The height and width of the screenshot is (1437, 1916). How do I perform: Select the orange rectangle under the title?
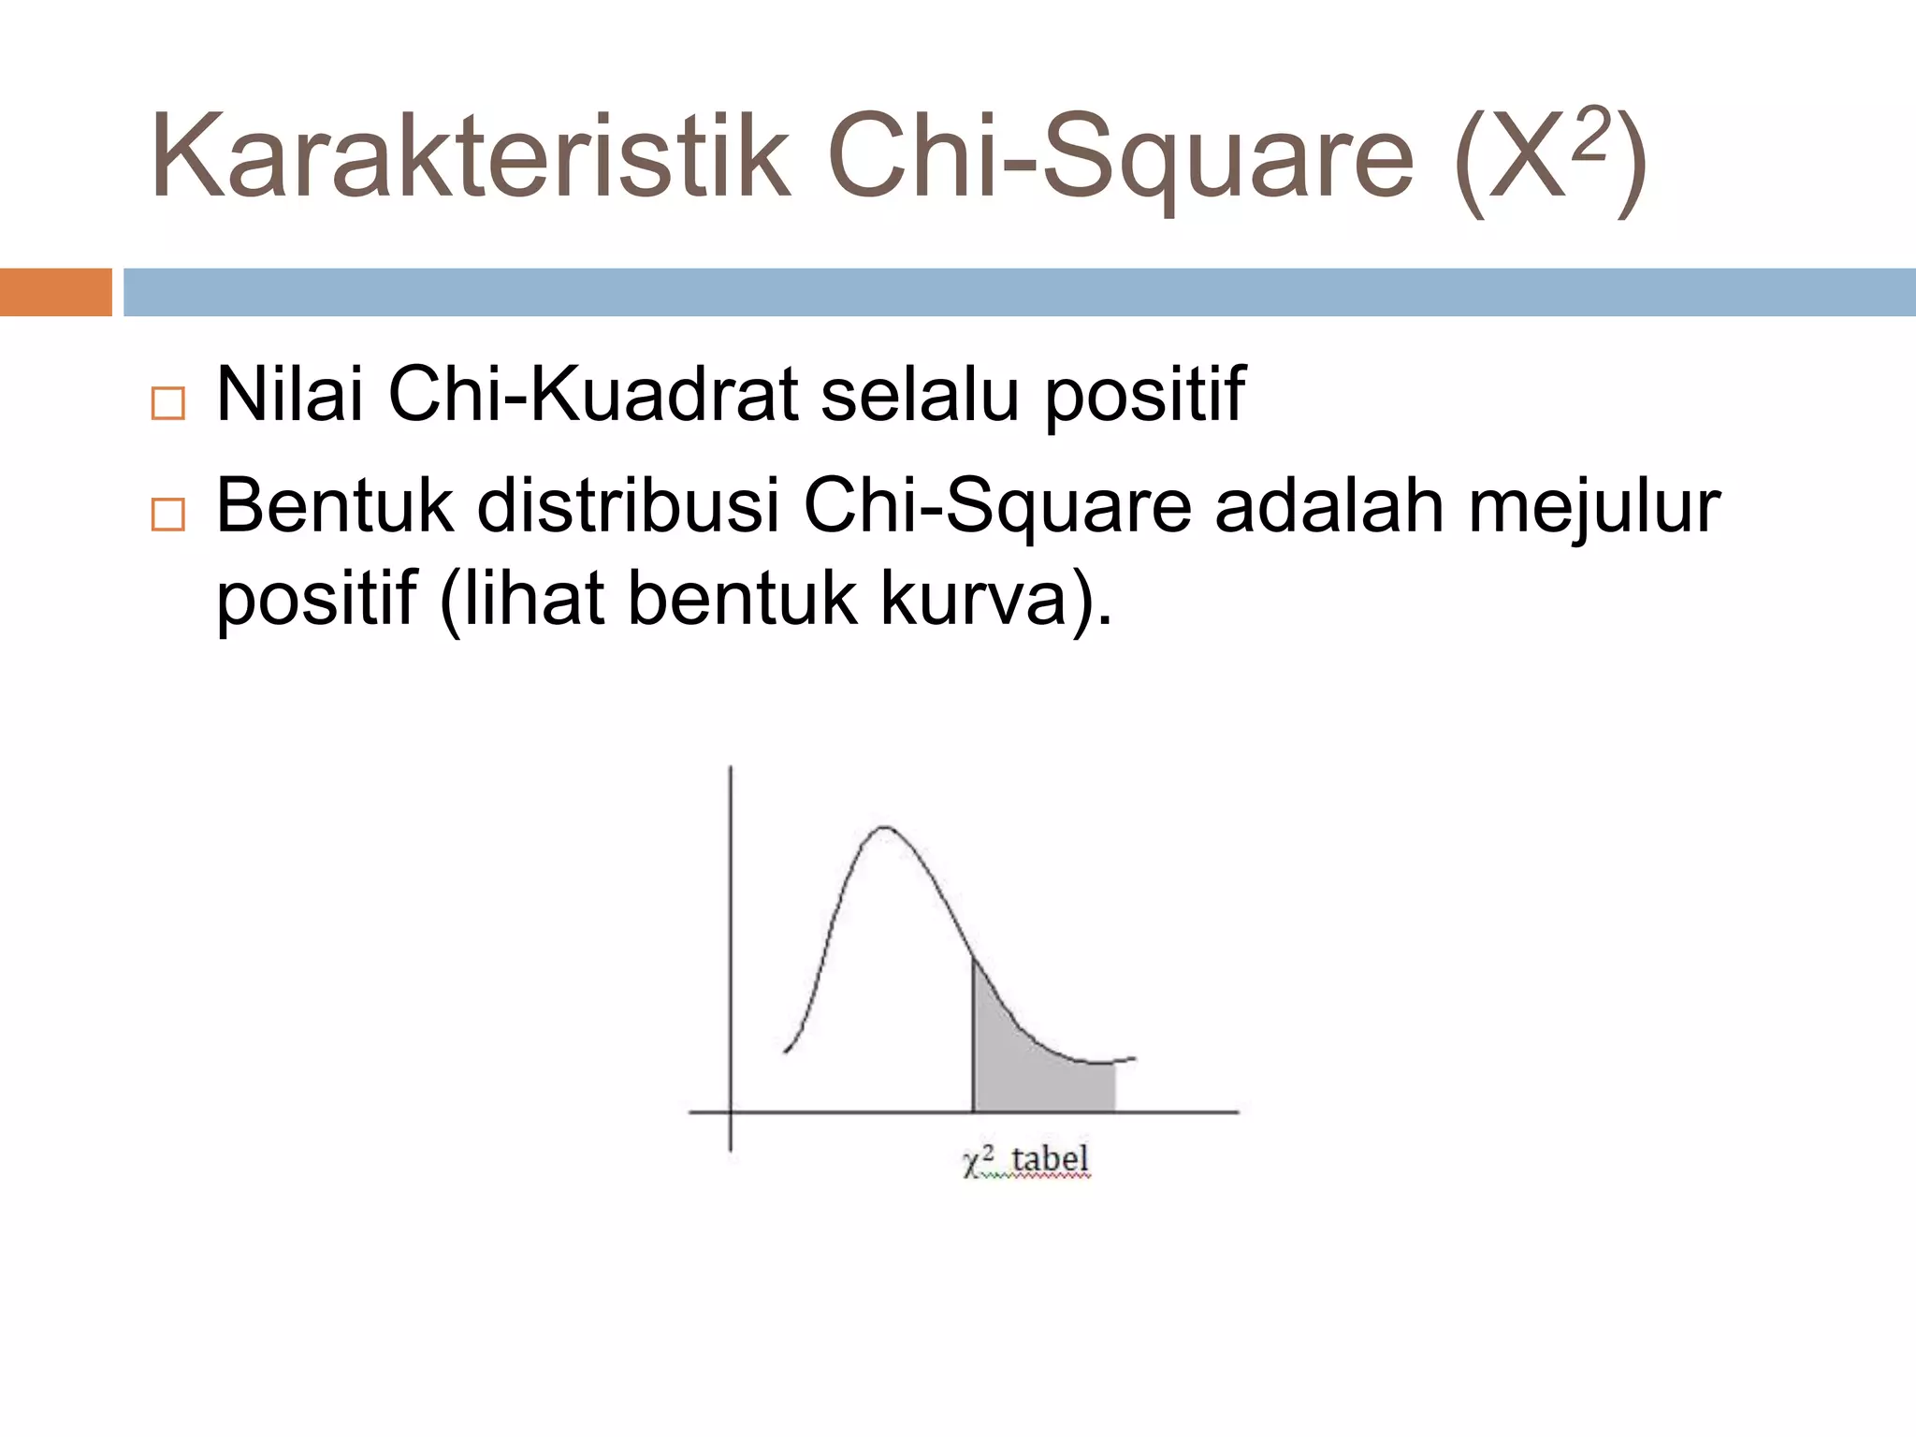pos(55,292)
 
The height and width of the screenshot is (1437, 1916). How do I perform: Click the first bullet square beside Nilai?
pos(167,403)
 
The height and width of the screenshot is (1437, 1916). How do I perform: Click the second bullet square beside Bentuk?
pos(167,515)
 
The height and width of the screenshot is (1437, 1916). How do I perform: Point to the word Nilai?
pos(289,394)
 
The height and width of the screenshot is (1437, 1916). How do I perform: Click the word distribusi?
pos(627,506)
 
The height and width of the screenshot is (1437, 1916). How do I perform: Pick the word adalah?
pos(1329,506)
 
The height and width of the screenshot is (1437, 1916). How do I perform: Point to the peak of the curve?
pos(883,828)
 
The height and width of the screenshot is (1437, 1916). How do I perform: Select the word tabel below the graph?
pos(1050,1159)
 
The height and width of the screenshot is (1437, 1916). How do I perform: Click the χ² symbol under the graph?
pos(978,1161)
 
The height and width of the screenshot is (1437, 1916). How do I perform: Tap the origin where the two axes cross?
pos(731,1112)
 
